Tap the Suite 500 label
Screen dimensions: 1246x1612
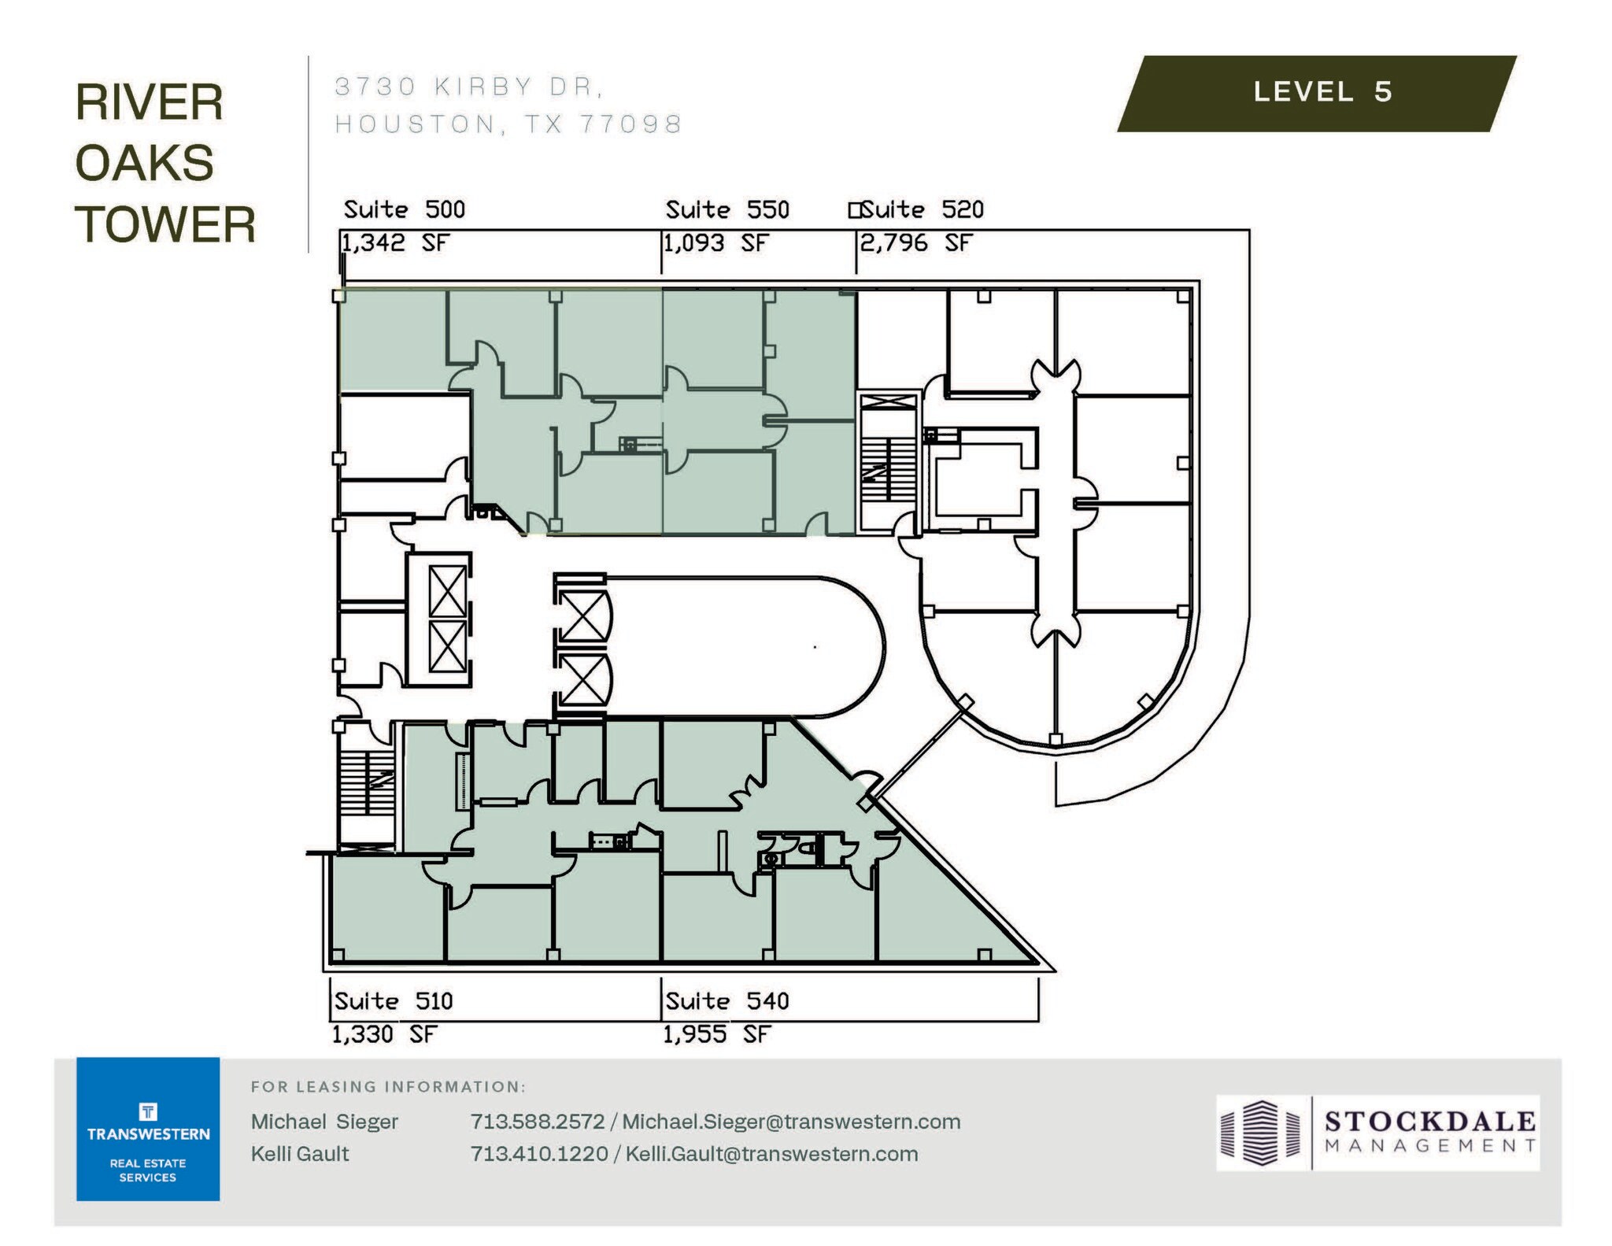point(404,210)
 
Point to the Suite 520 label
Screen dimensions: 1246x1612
point(922,210)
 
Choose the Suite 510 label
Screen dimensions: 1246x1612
point(393,1001)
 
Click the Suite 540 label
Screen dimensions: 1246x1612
point(727,1001)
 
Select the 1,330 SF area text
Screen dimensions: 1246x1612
point(383,1034)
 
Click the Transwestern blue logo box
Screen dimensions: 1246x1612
point(148,1129)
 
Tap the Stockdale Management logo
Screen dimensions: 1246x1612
point(1377,1133)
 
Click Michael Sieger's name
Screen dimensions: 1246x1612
point(324,1122)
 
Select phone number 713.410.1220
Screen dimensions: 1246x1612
point(538,1154)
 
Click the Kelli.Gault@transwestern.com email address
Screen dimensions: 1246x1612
point(771,1154)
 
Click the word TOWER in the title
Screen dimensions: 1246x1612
point(165,225)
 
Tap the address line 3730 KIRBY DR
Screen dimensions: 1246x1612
point(469,87)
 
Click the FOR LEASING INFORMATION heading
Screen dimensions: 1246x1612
point(388,1087)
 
